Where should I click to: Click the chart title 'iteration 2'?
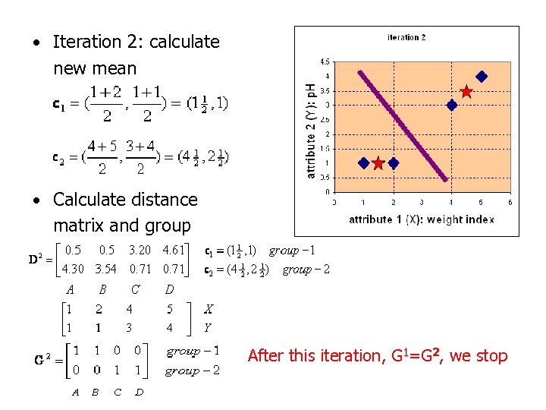point(406,37)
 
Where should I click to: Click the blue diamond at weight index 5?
point(481,76)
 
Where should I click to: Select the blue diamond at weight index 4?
point(452,106)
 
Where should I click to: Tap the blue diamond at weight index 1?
point(363,163)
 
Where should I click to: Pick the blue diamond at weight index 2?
point(393,163)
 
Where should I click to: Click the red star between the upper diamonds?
point(466,92)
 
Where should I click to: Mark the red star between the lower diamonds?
point(378,163)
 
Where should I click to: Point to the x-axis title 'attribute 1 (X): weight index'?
point(421,219)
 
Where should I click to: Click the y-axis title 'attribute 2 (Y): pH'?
point(310,131)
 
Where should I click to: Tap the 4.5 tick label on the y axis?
point(324,61)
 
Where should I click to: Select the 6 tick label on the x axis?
point(510,202)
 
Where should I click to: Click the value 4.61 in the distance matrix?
point(174,250)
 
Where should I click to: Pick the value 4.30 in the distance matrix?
point(73,268)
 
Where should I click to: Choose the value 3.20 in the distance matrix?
point(140,250)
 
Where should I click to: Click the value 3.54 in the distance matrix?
point(105,268)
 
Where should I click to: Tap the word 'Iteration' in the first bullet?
point(88,42)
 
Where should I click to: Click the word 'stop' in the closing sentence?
point(491,355)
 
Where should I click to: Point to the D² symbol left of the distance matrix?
point(36,259)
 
